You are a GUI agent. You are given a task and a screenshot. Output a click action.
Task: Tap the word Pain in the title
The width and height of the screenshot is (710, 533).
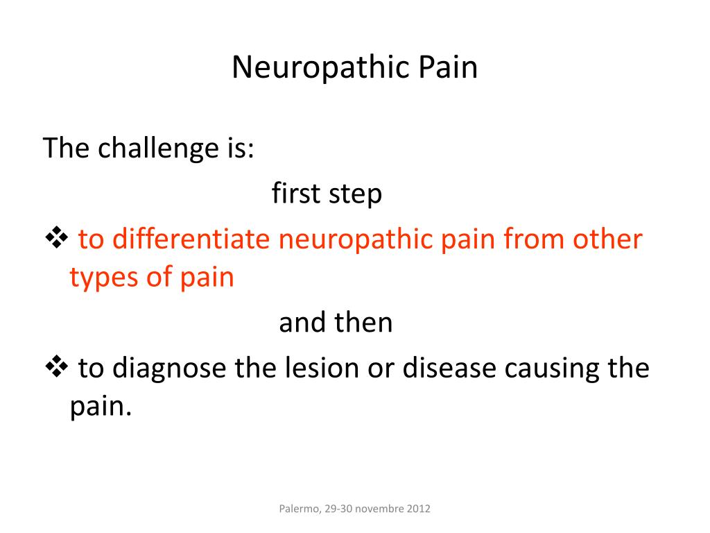[448, 68]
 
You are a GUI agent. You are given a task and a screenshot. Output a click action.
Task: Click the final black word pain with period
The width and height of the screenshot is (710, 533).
[101, 407]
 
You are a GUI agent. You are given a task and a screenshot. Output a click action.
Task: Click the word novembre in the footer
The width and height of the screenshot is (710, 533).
[377, 509]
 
